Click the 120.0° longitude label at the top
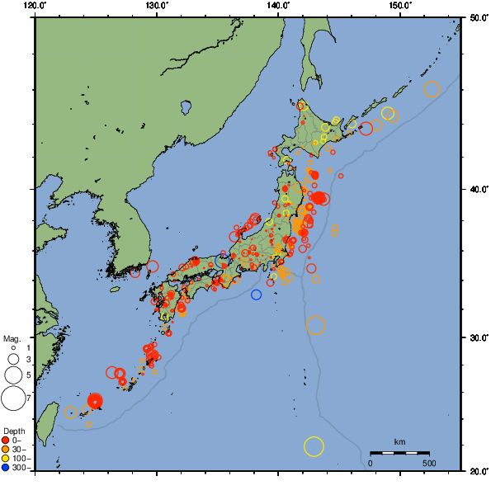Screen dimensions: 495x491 35,6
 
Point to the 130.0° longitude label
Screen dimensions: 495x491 157,6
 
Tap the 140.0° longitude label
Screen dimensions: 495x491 278,6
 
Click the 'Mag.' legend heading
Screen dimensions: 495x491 11,339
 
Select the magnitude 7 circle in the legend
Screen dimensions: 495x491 13,398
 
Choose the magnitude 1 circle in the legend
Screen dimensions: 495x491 13,348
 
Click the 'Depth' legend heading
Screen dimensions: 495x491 13,431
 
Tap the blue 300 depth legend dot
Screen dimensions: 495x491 6,468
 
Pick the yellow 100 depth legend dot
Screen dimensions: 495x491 6,458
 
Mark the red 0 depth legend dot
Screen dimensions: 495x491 6,440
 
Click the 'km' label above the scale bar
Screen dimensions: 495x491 399,442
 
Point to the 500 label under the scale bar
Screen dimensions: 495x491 429,463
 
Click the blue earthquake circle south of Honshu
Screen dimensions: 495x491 257,295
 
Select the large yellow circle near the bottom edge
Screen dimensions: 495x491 314,446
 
